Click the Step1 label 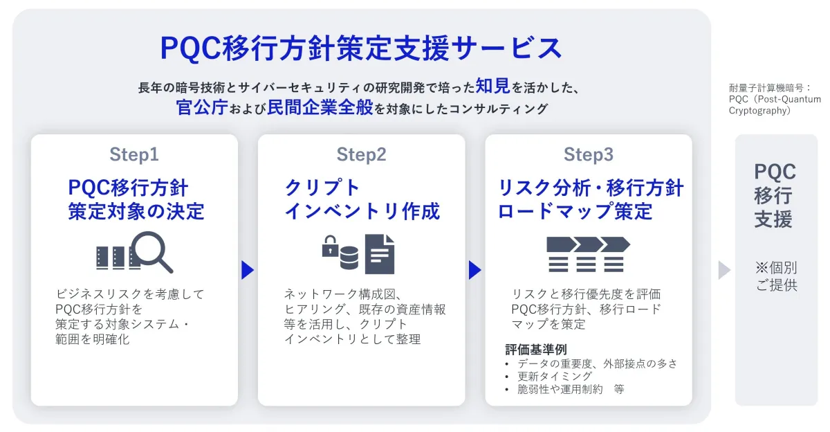tap(134, 154)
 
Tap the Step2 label tap(361, 154)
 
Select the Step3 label tap(589, 154)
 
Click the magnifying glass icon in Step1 tap(152, 251)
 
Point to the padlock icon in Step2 tap(330, 246)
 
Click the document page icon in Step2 tap(380, 254)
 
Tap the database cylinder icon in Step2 tap(349, 257)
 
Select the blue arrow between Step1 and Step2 tap(248, 270)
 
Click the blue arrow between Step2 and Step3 tap(474, 270)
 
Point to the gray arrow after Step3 tap(724, 270)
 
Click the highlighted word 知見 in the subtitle tap(492, 86)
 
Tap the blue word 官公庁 tap(202, 107)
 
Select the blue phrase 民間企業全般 tap(320, 107)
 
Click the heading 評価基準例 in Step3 tap(536, 350)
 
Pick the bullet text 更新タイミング tap(555, 376)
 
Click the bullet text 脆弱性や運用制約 tap(560, 389)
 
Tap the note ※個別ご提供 tap(776, 276)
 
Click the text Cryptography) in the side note tap(759, 111)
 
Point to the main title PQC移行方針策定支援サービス tap(361, 48)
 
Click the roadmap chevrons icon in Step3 tap(589, 254)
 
